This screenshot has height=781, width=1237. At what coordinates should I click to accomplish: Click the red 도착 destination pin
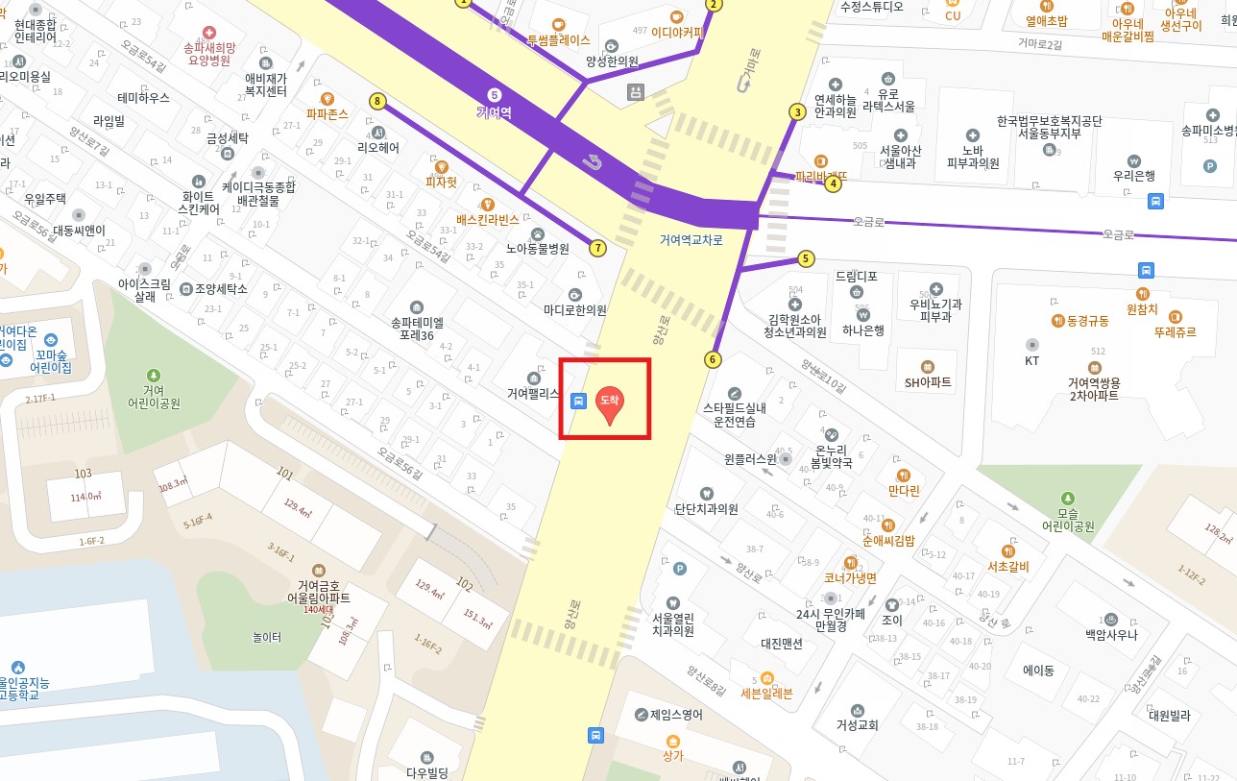click(x=609, y=403)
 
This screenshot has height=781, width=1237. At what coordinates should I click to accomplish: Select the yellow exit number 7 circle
click(x=598, y=248)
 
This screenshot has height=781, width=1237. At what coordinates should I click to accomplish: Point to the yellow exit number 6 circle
click(x=712, y=359)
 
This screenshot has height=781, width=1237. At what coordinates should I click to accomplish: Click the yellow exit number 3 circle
click(x=796, y=112)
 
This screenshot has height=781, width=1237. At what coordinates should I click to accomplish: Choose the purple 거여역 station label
click(x=494, y=111)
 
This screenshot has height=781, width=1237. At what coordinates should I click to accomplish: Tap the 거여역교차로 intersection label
click(x=691, y=240)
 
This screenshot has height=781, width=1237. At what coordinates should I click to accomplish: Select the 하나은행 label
click(x=863, y=330)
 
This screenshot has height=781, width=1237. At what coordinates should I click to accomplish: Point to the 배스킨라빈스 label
click(x=487, y=219)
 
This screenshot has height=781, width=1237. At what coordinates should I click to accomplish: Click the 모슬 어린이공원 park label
click(x=1068, y=519)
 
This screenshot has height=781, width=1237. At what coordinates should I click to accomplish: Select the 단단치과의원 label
click(x=706, y=509)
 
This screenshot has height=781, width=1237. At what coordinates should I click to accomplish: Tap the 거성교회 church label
click(x=857, y=725)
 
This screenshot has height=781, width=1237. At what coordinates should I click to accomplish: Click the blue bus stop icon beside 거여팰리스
click(x=578, y=401)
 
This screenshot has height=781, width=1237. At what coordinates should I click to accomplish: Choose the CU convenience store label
click(x=953, y=15)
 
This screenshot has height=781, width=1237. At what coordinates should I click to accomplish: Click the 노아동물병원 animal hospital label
click(x=538, y=248)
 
